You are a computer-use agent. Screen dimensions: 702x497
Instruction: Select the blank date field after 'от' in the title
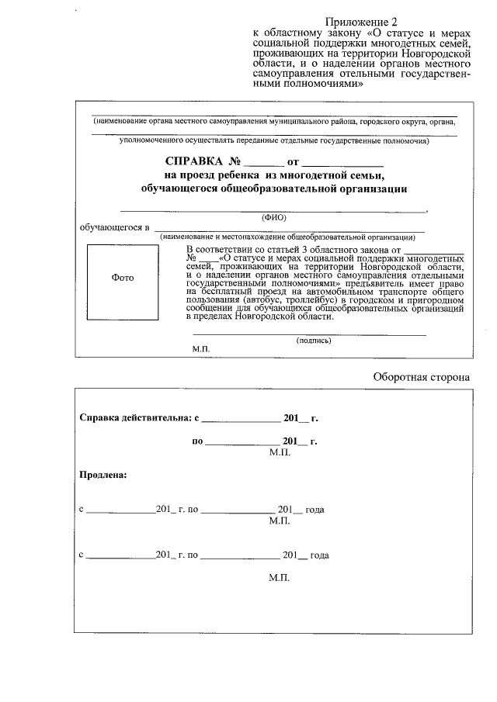[342, 164]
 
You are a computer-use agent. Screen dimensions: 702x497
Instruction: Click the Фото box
[123, 278]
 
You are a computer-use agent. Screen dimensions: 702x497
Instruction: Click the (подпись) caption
[314, 340]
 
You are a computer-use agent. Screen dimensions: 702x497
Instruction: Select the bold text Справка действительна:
[135, 418]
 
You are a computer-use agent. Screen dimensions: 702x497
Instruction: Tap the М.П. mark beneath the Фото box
[202, 350]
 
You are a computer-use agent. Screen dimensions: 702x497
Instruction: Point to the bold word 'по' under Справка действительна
[197, 441]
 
